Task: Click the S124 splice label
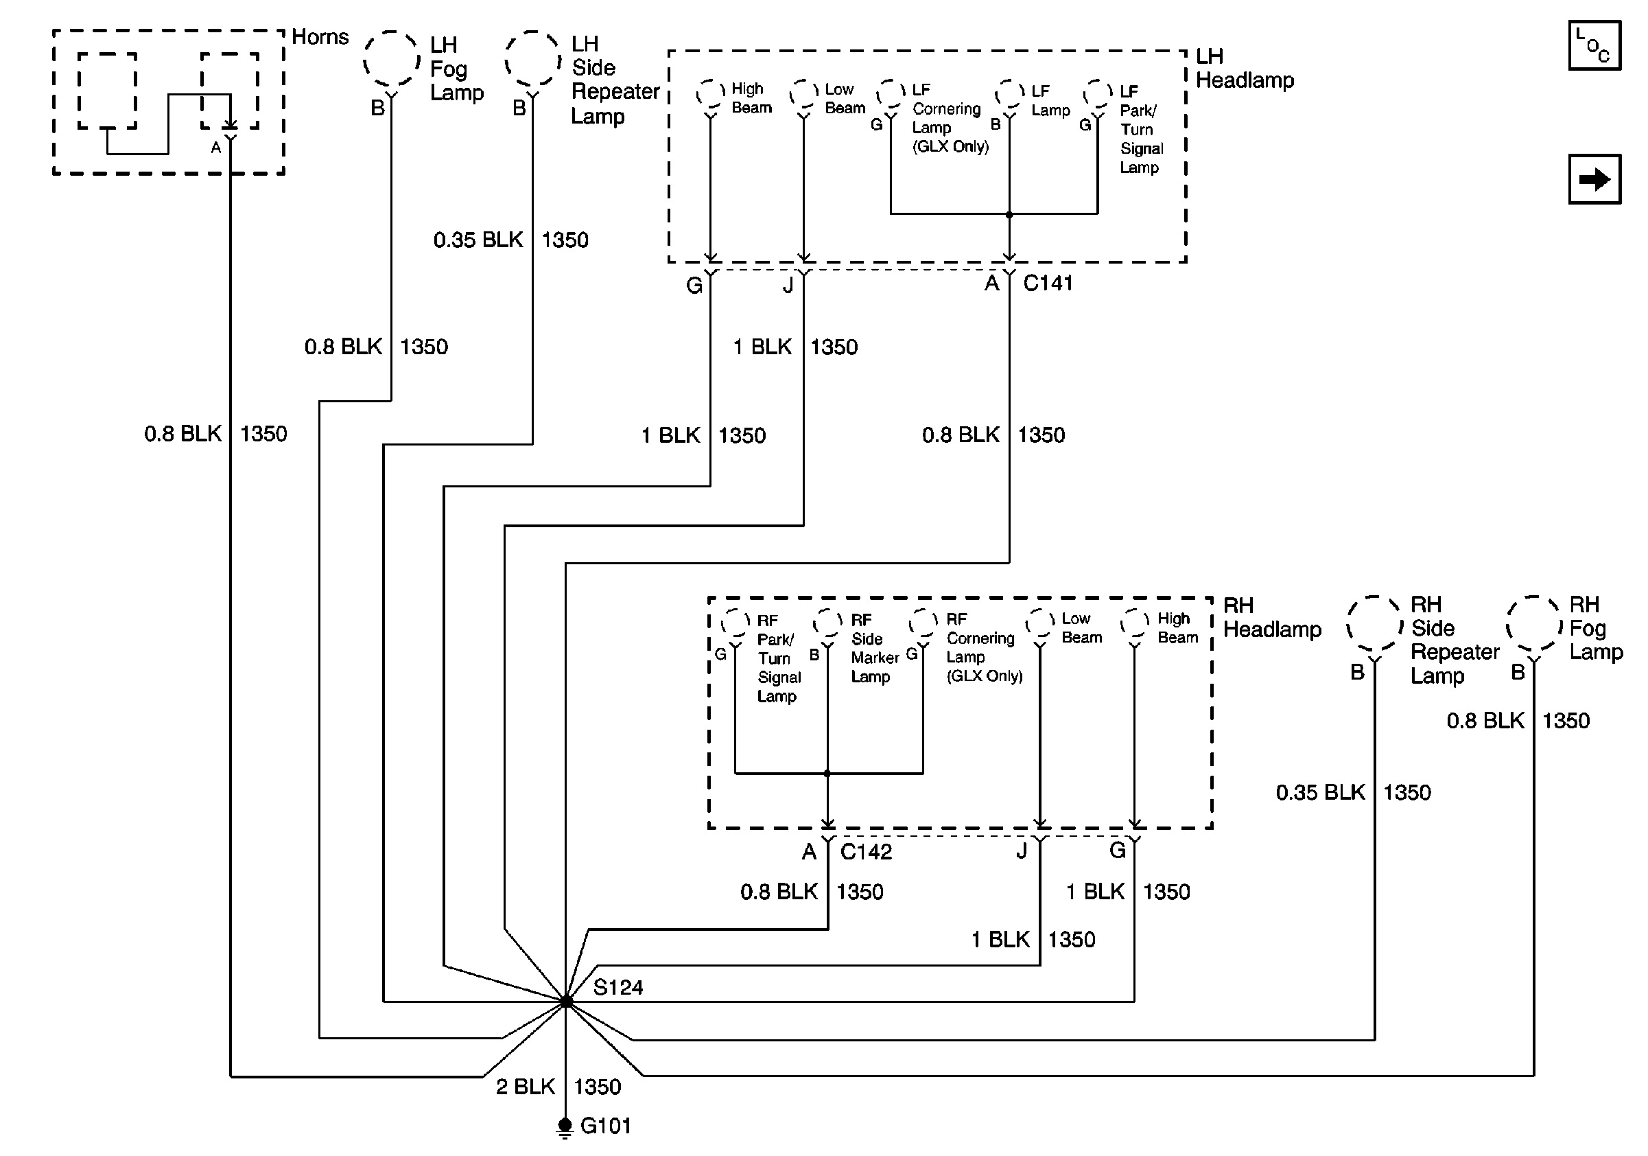coord(618,987)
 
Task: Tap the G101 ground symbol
coord(565,1127)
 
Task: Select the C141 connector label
coord(1048,283)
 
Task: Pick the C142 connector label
coord(867,852)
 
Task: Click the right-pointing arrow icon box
coord(1595,179)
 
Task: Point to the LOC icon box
coord(1595,45)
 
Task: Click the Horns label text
coord(320,36)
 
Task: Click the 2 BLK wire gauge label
coord(526,1087)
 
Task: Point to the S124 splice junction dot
coord(566,1001)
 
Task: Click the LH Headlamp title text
coord(1245,68)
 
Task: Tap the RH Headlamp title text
coord(1273,618)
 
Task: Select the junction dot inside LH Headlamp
coord(1009,215)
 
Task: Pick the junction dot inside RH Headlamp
coord(827,774)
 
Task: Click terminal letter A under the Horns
coord(215,148)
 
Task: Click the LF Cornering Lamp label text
coord(950,119)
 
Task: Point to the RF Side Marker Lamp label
coord(875,649)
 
